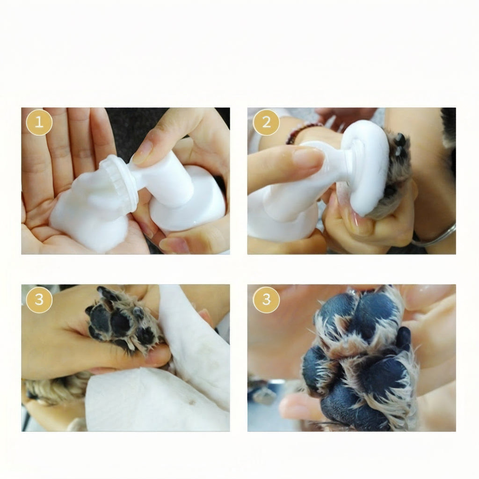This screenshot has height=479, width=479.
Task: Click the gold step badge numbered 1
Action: coord(39,123)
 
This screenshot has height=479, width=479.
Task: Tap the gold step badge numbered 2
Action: coord(266,123)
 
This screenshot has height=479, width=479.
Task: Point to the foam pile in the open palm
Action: coord(87,211)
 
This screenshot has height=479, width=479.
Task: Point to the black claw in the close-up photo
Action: coord(404,339)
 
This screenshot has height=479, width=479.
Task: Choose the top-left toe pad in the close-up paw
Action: coord(336,312)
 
